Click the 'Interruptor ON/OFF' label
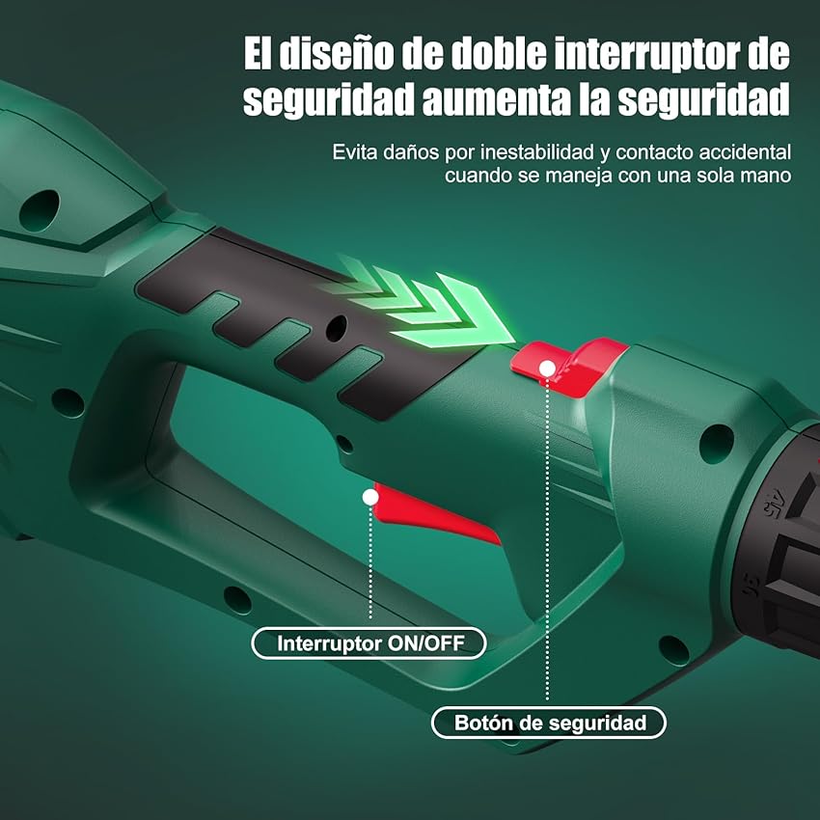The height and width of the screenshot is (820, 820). (x=369, y=643)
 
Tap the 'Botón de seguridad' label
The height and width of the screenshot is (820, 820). (x=548, y=722)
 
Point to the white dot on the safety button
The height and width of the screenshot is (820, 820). (x=547, y=368)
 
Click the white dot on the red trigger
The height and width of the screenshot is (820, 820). (x=369, y=497)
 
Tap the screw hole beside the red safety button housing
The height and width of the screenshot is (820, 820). (x=715, y=443)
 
